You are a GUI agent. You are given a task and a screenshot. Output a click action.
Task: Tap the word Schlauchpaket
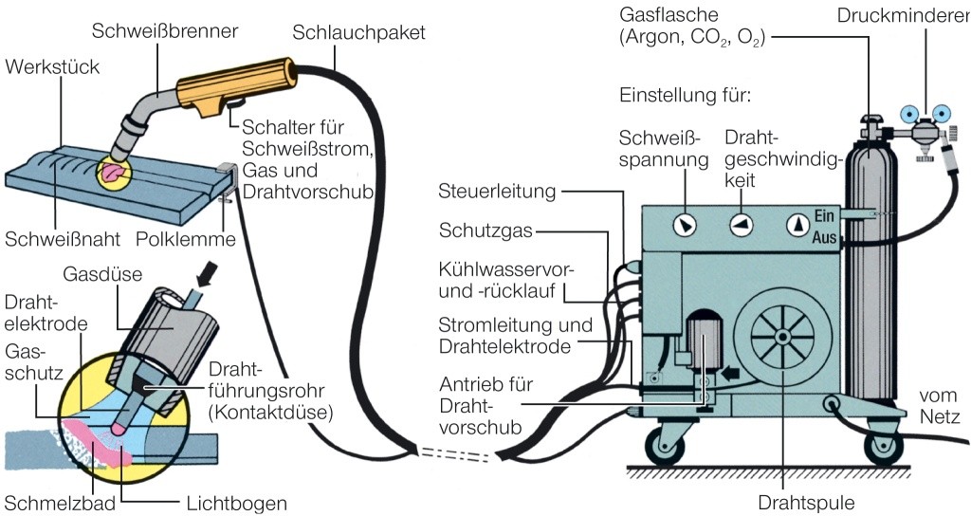pyautogui.click(x=359, y=31)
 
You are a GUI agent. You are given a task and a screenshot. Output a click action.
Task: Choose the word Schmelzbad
pyautogui.click(x=59, y=502)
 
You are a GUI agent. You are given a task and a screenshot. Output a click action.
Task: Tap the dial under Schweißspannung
pyautogui.click(x=683, y=225)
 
